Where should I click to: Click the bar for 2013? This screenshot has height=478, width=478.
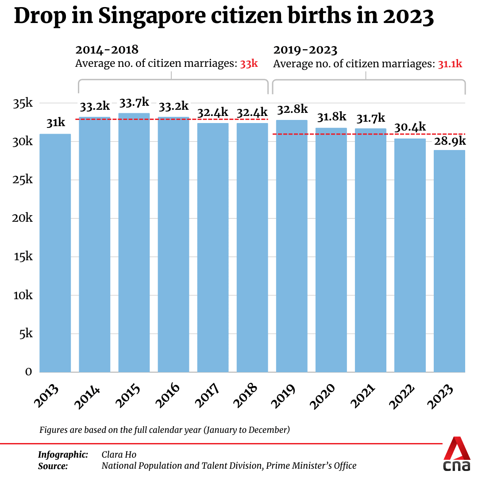point(55,252)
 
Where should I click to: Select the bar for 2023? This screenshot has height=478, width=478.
point(449,261)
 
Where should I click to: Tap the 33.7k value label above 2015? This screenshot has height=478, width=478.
point(134,104)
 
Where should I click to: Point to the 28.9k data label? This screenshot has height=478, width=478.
point(450,141)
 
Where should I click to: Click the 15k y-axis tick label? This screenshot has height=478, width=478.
point(23,257)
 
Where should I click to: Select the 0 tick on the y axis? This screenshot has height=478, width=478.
point(28,372)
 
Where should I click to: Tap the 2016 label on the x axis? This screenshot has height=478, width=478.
point(169,394)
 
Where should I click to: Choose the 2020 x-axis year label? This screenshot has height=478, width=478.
point(326,394)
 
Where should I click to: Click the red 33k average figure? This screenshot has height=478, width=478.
point(249,64)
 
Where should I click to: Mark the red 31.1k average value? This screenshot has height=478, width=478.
point(450,64)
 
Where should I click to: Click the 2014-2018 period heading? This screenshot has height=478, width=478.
point(107,50)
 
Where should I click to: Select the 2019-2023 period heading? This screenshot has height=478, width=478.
point(305,50)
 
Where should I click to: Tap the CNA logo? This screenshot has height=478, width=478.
point(457,455)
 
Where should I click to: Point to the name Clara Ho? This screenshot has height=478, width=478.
point(119,455)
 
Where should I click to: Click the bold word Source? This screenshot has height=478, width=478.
point(53,466)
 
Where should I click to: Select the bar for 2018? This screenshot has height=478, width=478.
point(252,248)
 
